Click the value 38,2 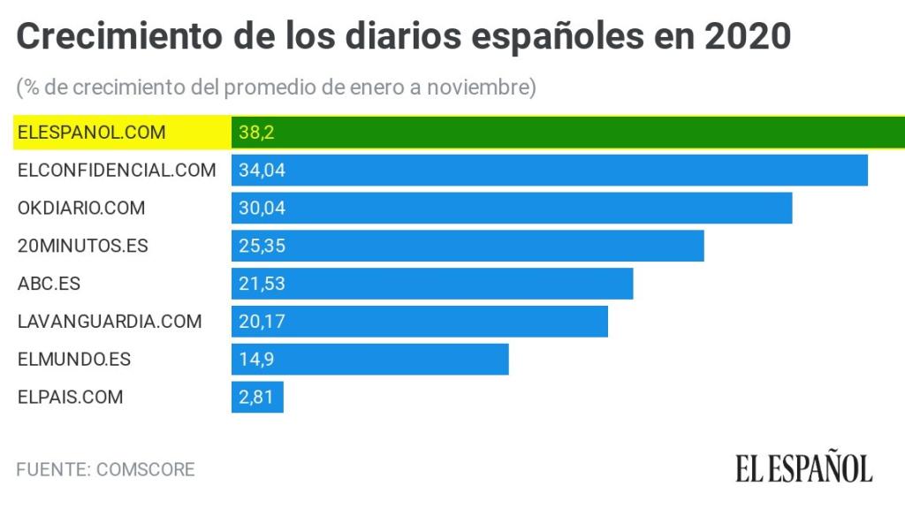pos(253,133)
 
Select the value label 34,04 pos(262,171)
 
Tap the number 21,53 pos(262,284)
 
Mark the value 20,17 pos(262,322)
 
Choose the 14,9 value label pos(256,360)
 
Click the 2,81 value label pos(256,397)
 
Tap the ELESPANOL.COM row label pos(92,133)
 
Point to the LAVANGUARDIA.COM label pos(110,322)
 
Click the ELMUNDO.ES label pos(74,360)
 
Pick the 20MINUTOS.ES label pos(83,246)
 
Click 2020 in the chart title pos(748,37)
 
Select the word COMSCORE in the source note pos(147,469)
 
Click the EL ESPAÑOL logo pos(803,468)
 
